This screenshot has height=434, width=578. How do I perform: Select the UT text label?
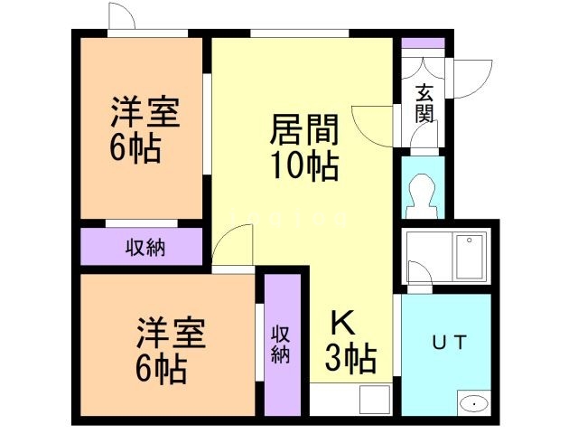(448, 343)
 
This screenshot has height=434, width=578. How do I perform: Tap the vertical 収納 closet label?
(281, 342)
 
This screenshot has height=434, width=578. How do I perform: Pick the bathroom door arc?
(419, 272)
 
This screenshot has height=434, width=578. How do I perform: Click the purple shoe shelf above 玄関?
(423, 42)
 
